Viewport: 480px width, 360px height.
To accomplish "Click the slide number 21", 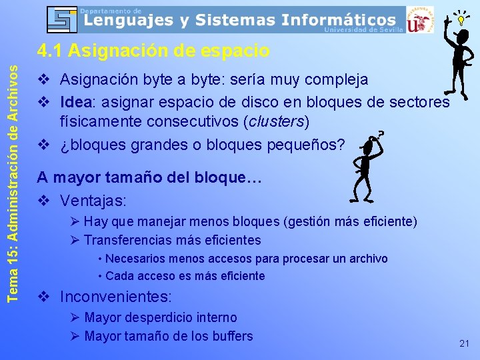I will [465, 343].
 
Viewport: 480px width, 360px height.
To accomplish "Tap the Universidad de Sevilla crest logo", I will [419, 19].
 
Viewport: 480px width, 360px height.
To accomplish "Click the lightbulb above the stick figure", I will [460, 19].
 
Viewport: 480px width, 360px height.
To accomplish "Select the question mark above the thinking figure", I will [382, 134].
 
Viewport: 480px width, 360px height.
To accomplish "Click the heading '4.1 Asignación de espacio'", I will [153, 51].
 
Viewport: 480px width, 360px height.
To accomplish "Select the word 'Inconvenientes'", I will [115, 296].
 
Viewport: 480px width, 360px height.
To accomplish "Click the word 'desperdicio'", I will [163, 317].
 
